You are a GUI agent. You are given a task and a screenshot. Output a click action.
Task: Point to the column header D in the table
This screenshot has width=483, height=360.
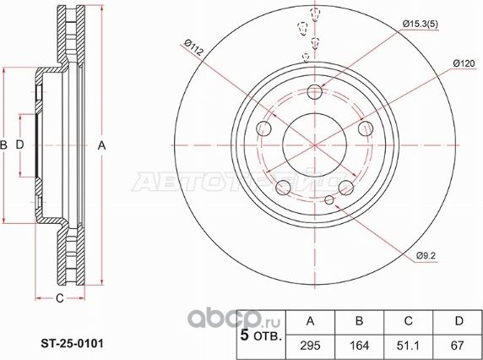459,322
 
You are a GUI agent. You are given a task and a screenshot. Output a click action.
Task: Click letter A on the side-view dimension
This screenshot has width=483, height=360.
101,146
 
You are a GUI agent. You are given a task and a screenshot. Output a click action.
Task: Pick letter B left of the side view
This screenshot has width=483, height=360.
5,146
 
